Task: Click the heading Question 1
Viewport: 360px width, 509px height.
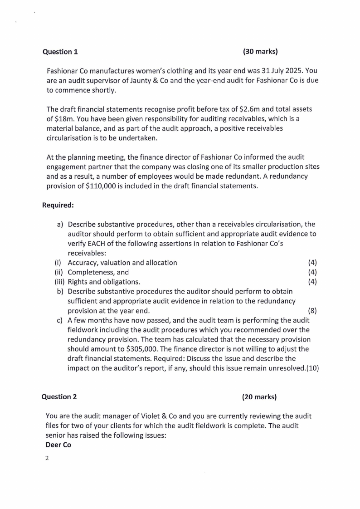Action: (x=60, y=52)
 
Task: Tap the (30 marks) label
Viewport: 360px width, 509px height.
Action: (x=260, y=51)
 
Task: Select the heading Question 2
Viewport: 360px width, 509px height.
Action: (x=59, y=397)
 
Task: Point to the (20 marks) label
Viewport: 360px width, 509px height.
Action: (x=259, y=397)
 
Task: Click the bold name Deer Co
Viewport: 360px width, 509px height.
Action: (x=58, y=445)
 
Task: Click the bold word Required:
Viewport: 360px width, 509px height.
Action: (x=58, y=205)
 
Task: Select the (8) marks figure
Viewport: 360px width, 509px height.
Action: (x=312, y=311)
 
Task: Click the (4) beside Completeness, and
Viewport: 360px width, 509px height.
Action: (x=312, y=272)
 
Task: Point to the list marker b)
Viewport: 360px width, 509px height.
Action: (x=60, y=291)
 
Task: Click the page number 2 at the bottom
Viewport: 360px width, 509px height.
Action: (x=47, y=458)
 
